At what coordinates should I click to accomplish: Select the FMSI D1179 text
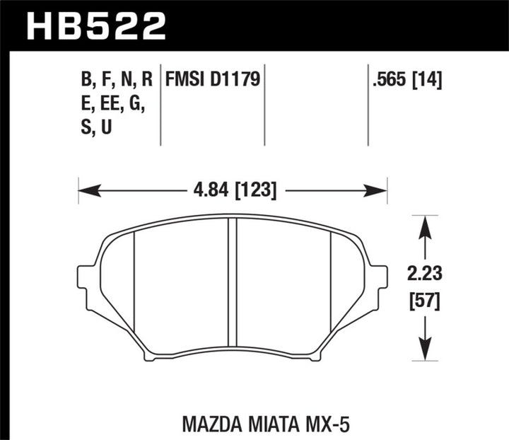pos(213,79)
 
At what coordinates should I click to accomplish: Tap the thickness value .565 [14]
pos(409,79)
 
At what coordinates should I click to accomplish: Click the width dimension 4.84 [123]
pos(232,190)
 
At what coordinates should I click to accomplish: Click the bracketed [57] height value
pos(423,301)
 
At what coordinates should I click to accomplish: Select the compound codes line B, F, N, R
pos(117,79)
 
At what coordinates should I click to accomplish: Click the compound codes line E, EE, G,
pos(113,104)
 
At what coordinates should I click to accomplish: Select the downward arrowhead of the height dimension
pos(423,353)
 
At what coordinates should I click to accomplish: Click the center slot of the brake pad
pos(231,283)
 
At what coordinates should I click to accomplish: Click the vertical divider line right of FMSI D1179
pos(264,106)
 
